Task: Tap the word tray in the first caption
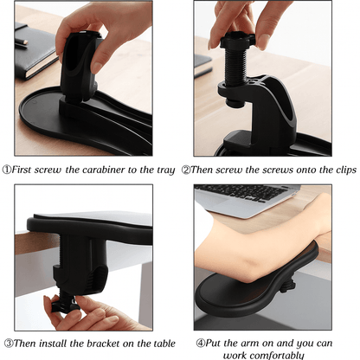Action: tap(166, 170)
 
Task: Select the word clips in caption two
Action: tap(346, 170)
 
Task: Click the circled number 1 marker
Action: tap(7, 170)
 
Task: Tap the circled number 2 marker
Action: tap(186, 170)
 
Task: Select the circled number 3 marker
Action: tap(9, 344)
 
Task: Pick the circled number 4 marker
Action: tap(201, 343)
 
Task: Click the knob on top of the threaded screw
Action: tap(238, 40)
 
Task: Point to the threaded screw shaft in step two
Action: tap(236, 67)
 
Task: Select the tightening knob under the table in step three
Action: tap(65, 305)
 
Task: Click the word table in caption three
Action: tap(164, 344)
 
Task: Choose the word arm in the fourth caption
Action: tap(248, 344)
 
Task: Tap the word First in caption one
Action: tap(21, 170)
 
